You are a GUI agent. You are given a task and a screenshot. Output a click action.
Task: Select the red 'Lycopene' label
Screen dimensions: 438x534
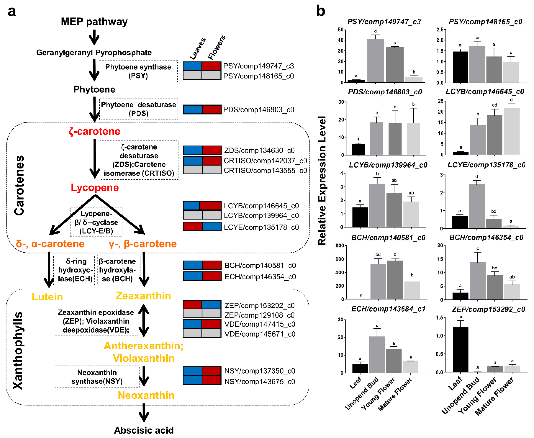[95, 188]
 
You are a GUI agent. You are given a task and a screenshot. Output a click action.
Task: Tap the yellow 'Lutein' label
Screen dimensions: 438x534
[47, 297]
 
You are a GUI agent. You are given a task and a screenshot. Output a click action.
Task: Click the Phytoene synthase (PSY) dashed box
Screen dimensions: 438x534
[138, 71]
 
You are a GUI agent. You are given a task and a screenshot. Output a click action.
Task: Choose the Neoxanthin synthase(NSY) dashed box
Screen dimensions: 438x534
[97, 377]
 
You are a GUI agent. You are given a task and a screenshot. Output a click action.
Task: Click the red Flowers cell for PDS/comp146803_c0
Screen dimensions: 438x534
[211, 109]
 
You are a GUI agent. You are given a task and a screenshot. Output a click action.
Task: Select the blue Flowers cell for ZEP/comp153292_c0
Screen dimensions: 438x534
[211, 305]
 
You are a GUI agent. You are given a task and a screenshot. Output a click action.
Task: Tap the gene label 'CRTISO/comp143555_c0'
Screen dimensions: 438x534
[265, 171]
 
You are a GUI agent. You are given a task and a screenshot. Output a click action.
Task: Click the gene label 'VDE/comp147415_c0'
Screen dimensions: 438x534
[260, 324]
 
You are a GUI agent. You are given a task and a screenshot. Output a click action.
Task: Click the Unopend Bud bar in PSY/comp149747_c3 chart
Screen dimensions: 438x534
[375, 61]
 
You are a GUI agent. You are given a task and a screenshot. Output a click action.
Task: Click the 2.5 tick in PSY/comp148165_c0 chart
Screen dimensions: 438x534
[440, 30]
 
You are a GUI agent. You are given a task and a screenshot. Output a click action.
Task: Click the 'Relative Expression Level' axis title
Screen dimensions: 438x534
[322, 180]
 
